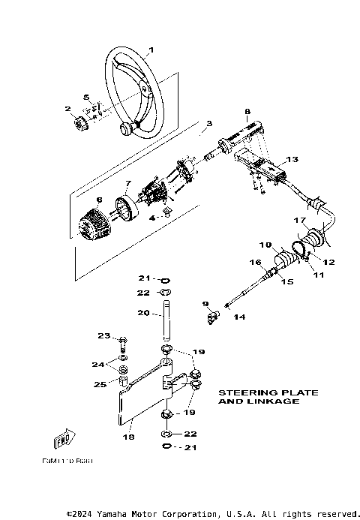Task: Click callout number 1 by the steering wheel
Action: (x=151, y=51)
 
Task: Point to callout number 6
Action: (x=98, y=200)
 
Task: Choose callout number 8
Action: (x=246, y=112)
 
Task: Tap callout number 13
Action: (x=292, y=159)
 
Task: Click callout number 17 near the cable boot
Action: (x=298, y=221)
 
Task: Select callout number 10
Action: (x=265, y=245)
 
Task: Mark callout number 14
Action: (x=240, y=317)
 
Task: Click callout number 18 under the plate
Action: (x=128, y=436)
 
